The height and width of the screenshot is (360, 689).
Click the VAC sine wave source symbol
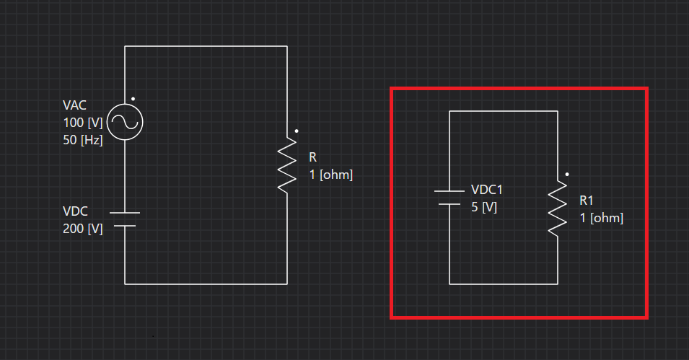click(125, 122)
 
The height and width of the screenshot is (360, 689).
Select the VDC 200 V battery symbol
click(125, 219)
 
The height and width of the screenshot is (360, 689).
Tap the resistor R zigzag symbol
click(287, 164)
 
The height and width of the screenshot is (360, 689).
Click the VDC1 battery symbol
click(449, 198)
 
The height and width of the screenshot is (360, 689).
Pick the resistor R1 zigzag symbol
click(558, 208)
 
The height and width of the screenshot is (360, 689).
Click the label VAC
click(74, 105)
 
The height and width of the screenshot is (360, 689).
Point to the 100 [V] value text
click(83, 123)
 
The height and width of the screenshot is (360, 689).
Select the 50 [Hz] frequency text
click(83, 140)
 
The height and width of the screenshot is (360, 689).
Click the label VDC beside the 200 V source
click(75, 211)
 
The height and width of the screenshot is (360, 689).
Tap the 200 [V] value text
click(83, 229)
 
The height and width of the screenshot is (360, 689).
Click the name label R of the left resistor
click(313, 157)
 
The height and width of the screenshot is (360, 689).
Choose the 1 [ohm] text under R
click(331, 175)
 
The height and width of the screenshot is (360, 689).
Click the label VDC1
click(487, 190)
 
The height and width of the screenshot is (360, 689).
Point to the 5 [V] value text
click(484, 207)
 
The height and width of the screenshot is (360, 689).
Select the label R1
click(586, 201)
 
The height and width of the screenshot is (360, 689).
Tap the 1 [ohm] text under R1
click(602, 218)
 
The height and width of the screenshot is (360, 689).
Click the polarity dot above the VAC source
click(133, 99)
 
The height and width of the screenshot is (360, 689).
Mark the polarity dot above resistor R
click(297, 131)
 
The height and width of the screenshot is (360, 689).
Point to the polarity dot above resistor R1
click(567, 175)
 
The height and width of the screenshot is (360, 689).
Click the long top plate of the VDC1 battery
click(449, 191)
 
